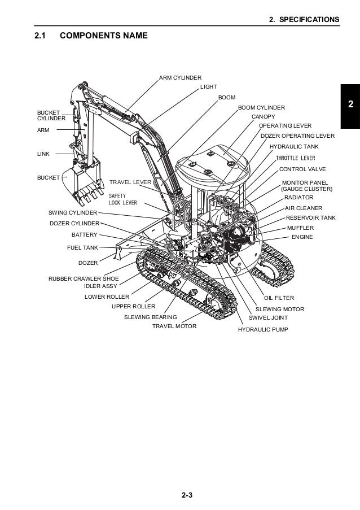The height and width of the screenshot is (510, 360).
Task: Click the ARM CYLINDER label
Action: [x=180, y=77]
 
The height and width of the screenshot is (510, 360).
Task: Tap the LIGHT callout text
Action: [x=208, y=88]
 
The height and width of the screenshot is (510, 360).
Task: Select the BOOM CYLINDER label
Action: [x=261, y=107]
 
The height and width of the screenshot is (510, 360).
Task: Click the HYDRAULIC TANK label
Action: [x=294, y=146]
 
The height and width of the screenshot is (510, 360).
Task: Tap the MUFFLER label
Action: [x=300, y=227]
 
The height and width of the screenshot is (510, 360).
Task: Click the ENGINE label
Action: [x=302, y=237]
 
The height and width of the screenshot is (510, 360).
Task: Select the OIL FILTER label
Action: [x=279, y=298]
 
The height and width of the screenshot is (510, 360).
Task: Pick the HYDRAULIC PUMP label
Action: [x=262, y=329]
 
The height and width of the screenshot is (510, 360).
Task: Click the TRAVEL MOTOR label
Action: [x=174, y=326]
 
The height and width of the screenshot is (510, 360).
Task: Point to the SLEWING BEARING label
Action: [x=150, y=317]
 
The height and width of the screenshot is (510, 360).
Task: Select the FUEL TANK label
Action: [x=82, y=247]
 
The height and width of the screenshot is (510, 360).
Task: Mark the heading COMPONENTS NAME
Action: [x=103, y=36]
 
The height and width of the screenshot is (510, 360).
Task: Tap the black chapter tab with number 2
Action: [x=350, y=105]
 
